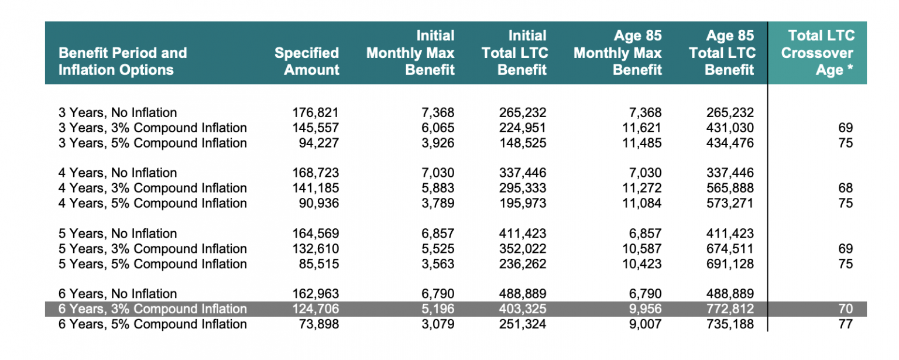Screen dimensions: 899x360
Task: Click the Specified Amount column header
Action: coord(307,61)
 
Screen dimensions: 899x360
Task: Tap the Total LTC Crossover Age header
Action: coord(818,53)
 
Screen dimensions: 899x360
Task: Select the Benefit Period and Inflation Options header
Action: coord(123,61)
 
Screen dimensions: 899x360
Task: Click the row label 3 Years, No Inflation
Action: coord(118,112)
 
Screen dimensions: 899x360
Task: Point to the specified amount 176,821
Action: coord(315,112)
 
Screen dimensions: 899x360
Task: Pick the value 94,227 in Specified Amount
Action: coord(318,143)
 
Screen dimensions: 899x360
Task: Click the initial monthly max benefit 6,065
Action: coord(438,128)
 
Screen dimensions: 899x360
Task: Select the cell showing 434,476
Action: coord(730,143)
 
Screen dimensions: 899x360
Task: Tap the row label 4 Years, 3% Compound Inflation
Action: coord(153,188)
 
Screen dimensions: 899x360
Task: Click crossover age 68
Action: coord(845,188)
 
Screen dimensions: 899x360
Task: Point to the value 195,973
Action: coord(523,203)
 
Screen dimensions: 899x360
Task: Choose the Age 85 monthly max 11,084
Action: coord(641,203)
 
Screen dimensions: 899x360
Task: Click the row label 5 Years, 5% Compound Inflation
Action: coord(153,263)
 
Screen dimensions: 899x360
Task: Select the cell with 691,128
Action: coord(730,263)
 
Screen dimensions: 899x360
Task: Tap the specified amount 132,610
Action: coord(315,248)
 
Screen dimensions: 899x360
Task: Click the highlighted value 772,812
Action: coord(730,308)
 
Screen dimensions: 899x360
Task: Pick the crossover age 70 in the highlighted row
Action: coord(845,308)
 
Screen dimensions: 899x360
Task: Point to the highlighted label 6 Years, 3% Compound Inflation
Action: coord(153,308)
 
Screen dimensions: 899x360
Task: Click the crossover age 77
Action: coord(845,324)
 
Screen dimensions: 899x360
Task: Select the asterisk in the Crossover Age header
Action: coord(850,67)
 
